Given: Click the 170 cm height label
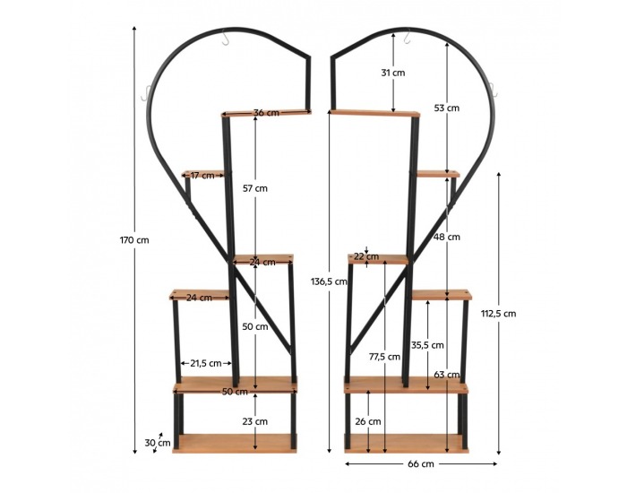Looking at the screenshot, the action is [134, 240].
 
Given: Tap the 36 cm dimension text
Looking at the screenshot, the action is [266, 112].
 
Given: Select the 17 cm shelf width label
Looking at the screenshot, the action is [202, 176].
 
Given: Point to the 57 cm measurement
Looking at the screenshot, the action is [255, 188].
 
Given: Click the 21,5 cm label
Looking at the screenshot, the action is [206, 363].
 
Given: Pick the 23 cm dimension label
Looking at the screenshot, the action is [255, 421].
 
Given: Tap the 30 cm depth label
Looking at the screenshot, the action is [158, 443].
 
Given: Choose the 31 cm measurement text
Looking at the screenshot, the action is [393, 73].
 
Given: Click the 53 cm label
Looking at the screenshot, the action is [447, 108].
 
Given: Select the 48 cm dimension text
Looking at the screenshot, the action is [447, 237].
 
